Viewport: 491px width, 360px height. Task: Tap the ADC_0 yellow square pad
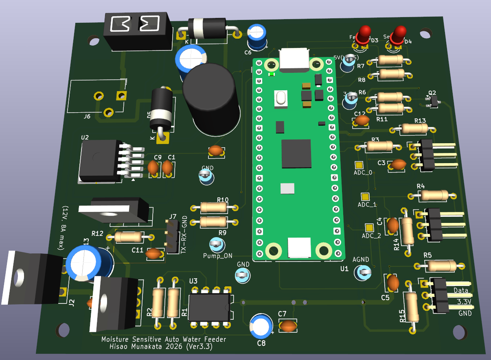(359, 165)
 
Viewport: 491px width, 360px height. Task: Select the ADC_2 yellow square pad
(369, 228)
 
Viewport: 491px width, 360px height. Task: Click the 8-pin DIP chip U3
(209, 308)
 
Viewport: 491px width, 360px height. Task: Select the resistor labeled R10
(214, 207)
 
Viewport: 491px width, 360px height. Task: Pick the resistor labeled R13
(414, 129)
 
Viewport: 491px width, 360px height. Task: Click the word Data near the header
(461, 290)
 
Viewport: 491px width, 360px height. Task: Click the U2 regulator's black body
(99, 159)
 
